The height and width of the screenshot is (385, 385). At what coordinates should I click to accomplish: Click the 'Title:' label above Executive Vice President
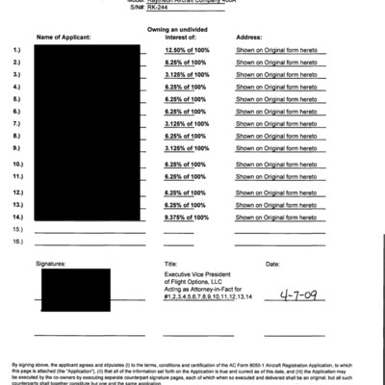tap(171, 262)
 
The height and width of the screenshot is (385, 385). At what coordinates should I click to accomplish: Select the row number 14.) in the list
tap(17, 218)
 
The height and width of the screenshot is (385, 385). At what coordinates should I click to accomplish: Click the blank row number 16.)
tap(17, 242)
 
